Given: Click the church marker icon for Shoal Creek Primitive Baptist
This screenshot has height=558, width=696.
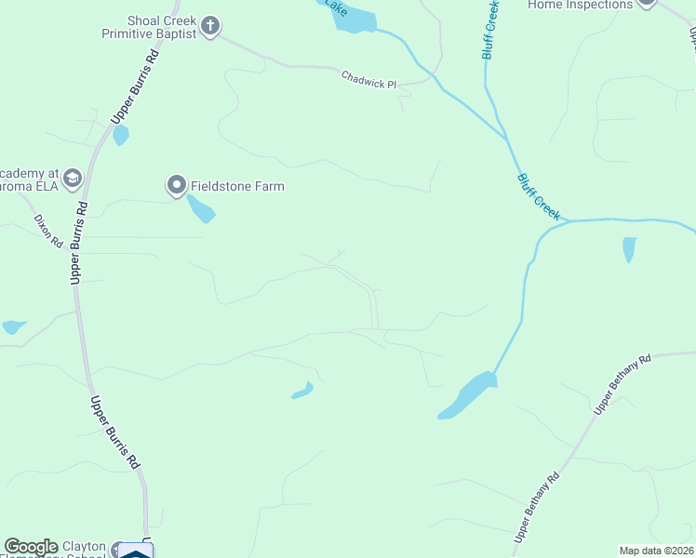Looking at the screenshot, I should click(x=210, y=25).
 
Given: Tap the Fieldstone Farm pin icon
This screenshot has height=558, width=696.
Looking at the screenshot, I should click(x=177, y=186).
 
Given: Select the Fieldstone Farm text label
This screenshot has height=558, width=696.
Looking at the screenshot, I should click(x=237, y=186).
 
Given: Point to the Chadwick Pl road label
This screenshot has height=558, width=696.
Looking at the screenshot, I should click(x=368, y=80).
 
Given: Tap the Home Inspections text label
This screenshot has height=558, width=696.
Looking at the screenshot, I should click(x=580, y=5).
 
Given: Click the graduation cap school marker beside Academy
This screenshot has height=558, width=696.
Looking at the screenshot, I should click(x=74, y=178).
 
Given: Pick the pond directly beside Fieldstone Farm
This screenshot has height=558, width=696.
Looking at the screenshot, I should click(x=201, y=208).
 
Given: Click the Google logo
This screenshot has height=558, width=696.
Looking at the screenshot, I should click(x=31, y=547).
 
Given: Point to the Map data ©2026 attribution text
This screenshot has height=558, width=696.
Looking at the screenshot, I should click(x=655, y=551).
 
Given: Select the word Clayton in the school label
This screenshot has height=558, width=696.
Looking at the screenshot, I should click(x=84, y=546).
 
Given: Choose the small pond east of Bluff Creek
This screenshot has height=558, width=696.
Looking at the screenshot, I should click(x=629, y=249).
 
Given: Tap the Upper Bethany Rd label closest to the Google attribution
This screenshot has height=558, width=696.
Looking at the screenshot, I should click(x=537, y=508).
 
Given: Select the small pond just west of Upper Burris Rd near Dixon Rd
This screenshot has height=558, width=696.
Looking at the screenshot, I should click(x=14, y=326).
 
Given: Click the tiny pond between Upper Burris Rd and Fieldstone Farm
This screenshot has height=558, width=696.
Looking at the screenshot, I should click(x=120, y=136).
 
